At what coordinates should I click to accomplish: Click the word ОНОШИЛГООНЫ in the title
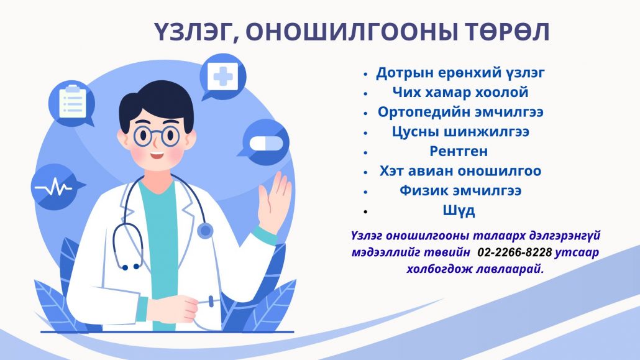pyautogui.click(x=351, y=32)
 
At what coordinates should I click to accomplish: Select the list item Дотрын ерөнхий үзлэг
pyautogui.click(x=460, y=73)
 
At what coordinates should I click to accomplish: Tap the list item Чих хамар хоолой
pyautogui.click(x=460, y=93)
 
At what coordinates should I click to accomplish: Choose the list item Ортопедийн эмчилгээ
pyautogui.click(x=460, y=112)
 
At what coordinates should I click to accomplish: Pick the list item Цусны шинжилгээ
pyautogui.click(x=460, y=132)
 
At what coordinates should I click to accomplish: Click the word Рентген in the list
pyautogui.click(x=459, y=151)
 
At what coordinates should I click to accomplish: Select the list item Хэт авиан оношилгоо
pyautogui.click(x=460, y=171)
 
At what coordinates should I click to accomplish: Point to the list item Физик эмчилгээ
pyautogui.click(x=460, y=190)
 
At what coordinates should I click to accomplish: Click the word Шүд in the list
pyautogui.click(x=459, y=210)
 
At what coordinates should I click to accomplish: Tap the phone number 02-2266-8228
pyautogui.click(x=514, y=252)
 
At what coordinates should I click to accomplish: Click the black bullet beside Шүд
pyautogui.click(x=366, y=211)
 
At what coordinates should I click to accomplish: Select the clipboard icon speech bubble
pyautogui.click(x=72, y=104)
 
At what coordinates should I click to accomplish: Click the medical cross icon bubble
pyautogui.click(x=222, y=77)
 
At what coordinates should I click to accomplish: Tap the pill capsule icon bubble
pyautogui.click(x=265, y=142)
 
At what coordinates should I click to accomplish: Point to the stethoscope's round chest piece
pyautogui.click(x=205, y=231)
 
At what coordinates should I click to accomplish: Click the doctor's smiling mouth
pyautogui.click(x=157, y=155)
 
